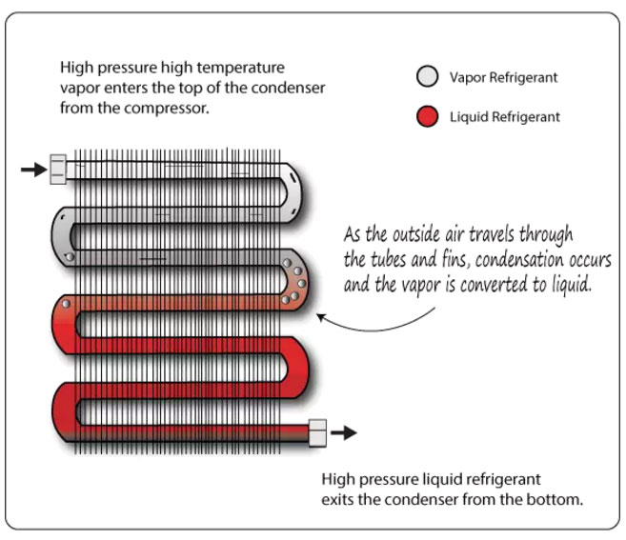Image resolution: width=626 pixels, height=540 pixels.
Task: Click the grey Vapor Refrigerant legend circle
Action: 429,77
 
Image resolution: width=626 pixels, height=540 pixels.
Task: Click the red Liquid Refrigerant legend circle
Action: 429,117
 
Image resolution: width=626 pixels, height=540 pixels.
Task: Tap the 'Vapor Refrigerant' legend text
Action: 503,77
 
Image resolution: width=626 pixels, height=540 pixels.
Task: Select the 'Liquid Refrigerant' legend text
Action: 505,117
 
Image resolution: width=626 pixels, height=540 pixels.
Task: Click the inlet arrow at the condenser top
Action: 32,170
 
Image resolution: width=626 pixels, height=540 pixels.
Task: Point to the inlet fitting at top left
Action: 58,170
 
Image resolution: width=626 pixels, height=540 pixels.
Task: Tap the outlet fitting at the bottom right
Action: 317,433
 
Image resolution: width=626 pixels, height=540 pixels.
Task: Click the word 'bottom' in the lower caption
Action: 552,500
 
